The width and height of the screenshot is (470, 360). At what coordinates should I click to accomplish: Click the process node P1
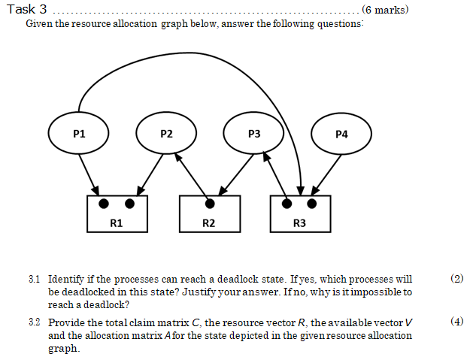(x=79, y=135)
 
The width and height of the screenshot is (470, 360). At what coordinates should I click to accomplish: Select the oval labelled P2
(x=166, y=135)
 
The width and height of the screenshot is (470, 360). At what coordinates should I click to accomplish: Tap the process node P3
(x=254, y=134)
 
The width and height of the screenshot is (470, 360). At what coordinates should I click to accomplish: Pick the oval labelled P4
(x=341, y=135)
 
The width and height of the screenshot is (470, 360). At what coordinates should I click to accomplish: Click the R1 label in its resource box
(x=117, y=223)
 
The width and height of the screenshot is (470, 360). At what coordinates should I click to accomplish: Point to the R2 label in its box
(x=209, y=223)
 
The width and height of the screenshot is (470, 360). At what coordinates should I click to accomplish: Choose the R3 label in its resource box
(x=299, y=223)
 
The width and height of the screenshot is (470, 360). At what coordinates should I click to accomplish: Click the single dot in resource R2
(x=210, y=204)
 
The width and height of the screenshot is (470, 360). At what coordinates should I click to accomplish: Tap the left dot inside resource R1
(x=105, y=204)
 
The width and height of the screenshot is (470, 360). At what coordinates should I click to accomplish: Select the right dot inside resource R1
(x=129, y=204)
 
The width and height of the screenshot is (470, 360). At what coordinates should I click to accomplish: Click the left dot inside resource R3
(x=287, y=204)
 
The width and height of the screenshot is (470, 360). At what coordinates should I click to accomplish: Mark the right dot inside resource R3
(x=312, y=204)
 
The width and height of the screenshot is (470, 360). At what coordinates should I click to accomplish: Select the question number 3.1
(x=33, y=279)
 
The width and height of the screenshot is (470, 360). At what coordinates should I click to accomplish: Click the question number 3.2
(x=33, y=322)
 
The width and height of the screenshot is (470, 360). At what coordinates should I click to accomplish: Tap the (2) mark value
(x=456, y=279)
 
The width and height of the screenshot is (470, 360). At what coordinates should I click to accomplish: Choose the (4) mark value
(x=456, y=322)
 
